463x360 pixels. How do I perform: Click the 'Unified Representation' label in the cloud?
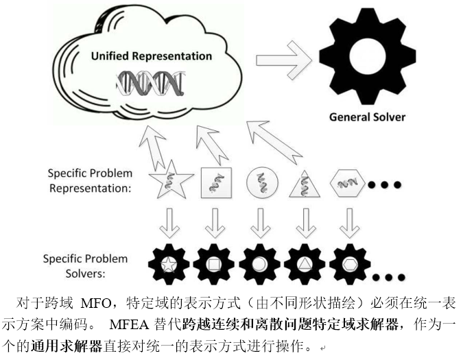[x=152, y=56]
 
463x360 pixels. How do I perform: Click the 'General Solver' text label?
[x=367, y=117]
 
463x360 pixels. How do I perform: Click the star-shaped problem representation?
[x=169, y=182]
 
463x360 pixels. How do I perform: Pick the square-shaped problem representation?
[x=214, y=182]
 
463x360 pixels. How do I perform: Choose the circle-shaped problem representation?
[x=260, y=182]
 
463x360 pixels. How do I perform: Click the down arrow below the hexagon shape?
[x=350, y=222]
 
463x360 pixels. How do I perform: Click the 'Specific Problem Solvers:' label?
[x=85, y=265]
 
